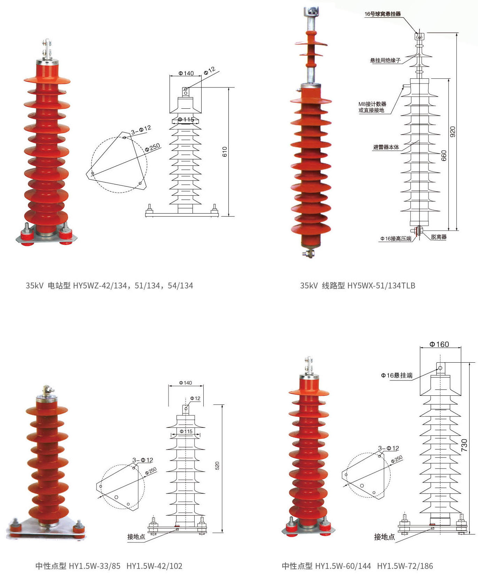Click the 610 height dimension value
[225, 152]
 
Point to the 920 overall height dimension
[452, 132]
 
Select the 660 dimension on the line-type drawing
[444, 156]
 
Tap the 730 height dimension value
[464, 445]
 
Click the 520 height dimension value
[217, 465]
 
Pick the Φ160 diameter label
[439, 344]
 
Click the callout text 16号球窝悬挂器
[383, 14]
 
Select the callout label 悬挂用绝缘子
[385, 60]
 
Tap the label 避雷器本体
[386, 147]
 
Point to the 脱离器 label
[439, 237]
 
